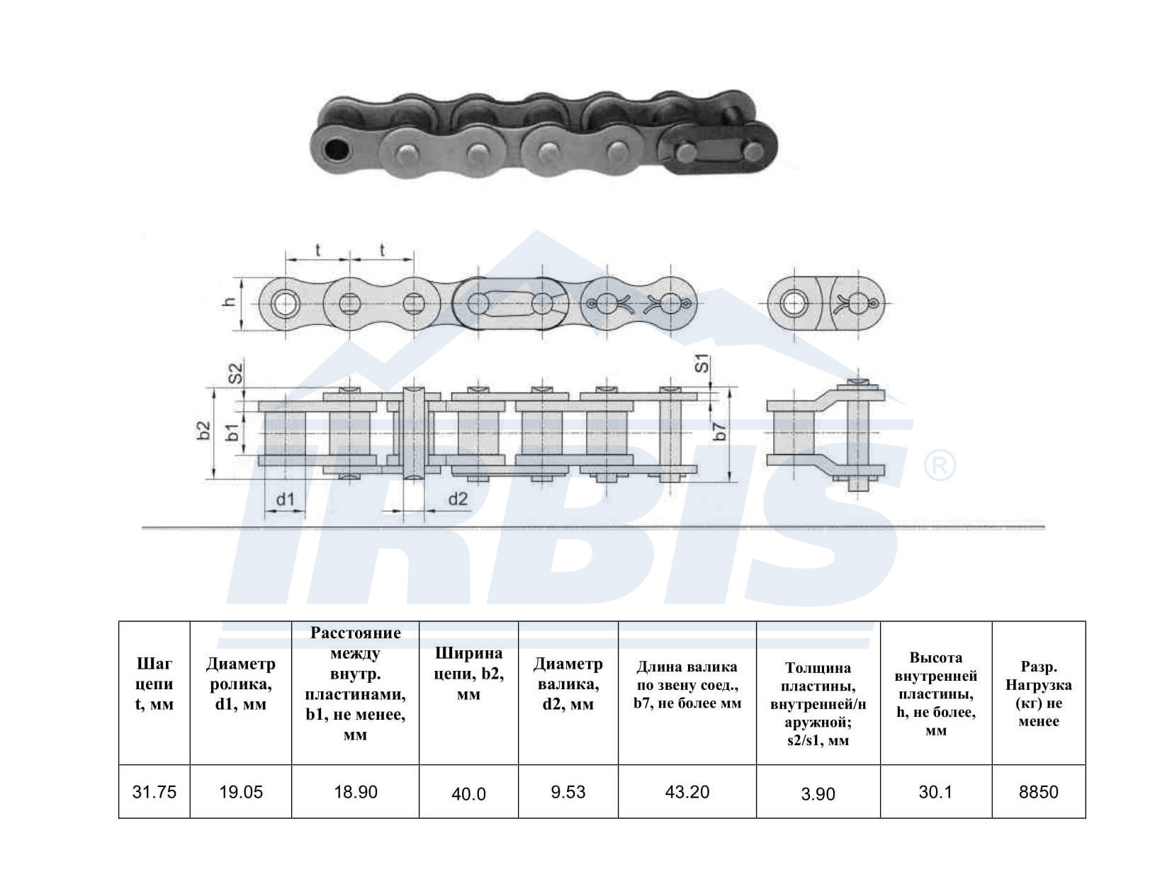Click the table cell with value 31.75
154,791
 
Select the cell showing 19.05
241,791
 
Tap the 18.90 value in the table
356,791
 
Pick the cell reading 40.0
468,793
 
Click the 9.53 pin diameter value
568,791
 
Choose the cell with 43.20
687,791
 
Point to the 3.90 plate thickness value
818,793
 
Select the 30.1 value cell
935,791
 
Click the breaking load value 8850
1039,791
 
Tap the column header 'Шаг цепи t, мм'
154,684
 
